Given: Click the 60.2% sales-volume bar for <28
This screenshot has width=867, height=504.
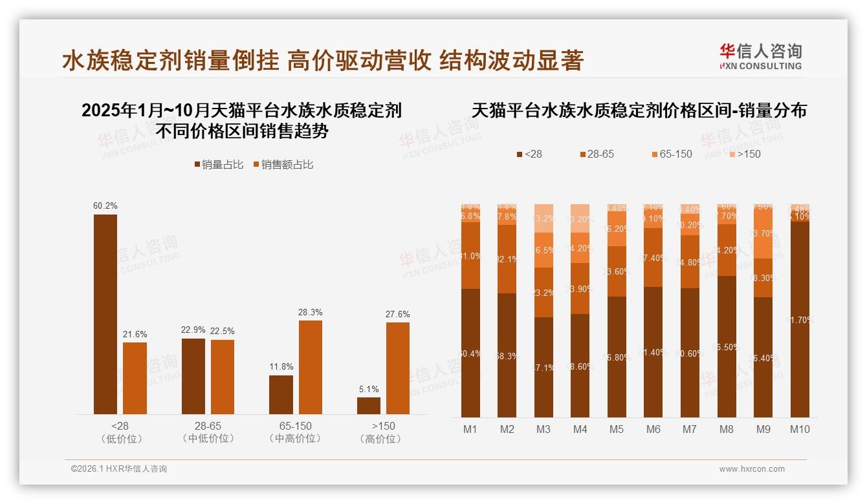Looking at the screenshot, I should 105,314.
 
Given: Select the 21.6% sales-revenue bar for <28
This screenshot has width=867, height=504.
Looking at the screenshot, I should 135,378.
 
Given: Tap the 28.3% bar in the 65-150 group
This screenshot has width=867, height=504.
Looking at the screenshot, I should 310,367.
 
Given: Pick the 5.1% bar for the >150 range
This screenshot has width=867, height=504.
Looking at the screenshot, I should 369,406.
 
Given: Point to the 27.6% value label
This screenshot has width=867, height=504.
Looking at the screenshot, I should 397,314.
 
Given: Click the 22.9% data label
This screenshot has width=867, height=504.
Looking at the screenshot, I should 193,330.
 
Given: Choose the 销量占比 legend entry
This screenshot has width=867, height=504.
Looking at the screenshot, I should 219,165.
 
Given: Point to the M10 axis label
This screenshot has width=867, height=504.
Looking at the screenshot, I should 800,429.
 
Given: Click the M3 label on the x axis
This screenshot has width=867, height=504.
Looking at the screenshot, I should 543,429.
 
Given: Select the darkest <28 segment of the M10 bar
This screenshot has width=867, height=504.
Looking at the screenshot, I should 800,319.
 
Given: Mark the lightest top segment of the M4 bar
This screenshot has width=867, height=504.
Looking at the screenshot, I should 580,218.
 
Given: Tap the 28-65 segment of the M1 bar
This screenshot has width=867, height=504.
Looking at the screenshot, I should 470,256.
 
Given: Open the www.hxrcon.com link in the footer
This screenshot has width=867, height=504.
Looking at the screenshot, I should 752,469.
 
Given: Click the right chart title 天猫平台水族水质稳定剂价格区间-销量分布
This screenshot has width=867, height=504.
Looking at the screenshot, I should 639,110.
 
